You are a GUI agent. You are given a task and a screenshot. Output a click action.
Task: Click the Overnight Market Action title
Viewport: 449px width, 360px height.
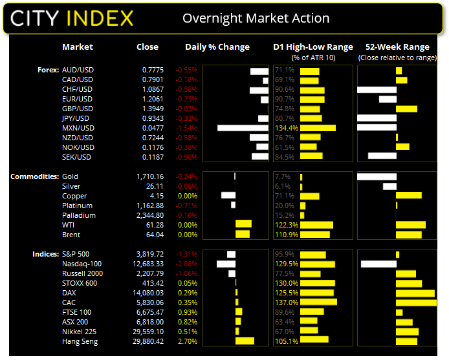[256, 18]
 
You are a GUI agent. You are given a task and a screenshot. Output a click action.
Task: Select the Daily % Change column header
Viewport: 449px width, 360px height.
[217, 47]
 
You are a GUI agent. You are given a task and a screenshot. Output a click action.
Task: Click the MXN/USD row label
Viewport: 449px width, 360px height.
[78, 128]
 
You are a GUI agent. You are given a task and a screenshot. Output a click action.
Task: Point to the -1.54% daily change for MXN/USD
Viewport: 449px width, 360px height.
[187, 128]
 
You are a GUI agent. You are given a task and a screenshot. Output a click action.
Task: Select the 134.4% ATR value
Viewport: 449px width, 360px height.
[285, 128]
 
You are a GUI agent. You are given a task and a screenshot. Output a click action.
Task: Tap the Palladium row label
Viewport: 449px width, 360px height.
[79, 215]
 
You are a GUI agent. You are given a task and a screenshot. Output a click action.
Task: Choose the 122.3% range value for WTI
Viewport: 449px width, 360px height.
[285, 225]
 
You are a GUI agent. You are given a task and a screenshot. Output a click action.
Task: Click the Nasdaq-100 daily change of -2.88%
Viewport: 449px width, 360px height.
[187, 264]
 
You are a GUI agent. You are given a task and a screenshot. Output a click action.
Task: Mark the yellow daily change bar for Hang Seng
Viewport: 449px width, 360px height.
[245, 341]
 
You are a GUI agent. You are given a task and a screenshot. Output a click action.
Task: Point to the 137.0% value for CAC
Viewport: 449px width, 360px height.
[285, 302]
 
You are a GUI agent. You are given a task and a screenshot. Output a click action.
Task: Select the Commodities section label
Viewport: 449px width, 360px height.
[34, 176]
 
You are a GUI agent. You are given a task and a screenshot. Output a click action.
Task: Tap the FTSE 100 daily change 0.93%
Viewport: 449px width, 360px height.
[188, 312]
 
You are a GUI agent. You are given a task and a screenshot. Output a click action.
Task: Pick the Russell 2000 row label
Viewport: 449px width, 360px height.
[83, 273]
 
